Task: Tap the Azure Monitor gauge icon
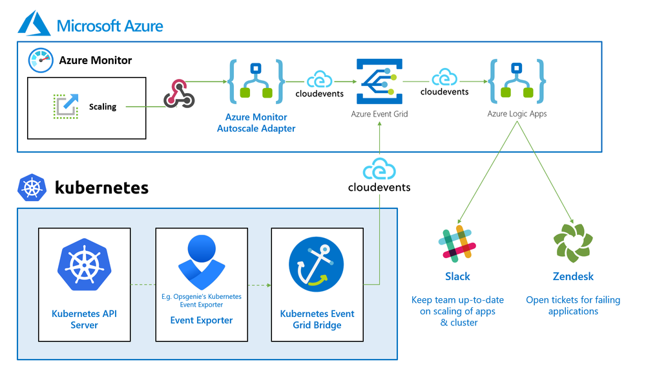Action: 40,60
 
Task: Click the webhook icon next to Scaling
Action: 179,94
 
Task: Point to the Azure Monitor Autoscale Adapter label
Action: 256,123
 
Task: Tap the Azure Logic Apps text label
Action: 517,114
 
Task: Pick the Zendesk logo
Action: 573,243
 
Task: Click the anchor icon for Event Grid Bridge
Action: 317,265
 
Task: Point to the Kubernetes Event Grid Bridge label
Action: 317,320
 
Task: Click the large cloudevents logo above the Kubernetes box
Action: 379,177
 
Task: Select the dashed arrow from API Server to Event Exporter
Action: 143,285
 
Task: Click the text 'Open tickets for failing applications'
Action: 573,305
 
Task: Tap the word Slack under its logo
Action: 457,276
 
